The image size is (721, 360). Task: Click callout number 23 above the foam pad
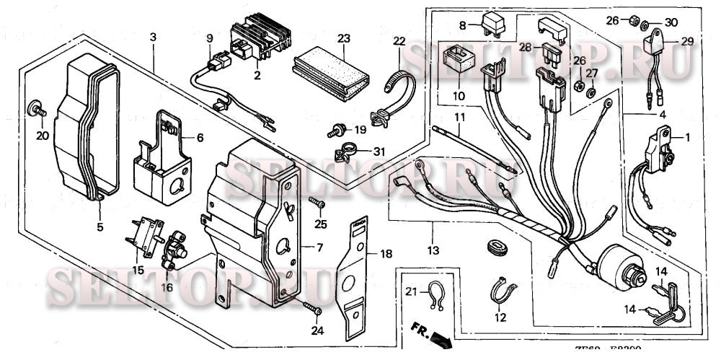coord(343,37)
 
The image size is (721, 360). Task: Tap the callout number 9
coord(210,38)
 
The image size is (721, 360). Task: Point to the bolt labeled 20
coord(35,110)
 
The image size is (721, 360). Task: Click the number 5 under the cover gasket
coord(99,227)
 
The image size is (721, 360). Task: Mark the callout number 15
coord(137,270)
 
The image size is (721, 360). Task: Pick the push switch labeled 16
coord(174,250)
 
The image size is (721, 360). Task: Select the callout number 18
coord(386,254)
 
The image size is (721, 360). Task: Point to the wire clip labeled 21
coord(433,296)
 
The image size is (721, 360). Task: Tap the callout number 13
coord(433,250)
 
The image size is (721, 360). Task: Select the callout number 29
coord(687,42)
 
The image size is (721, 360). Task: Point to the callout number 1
coord(687,136)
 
